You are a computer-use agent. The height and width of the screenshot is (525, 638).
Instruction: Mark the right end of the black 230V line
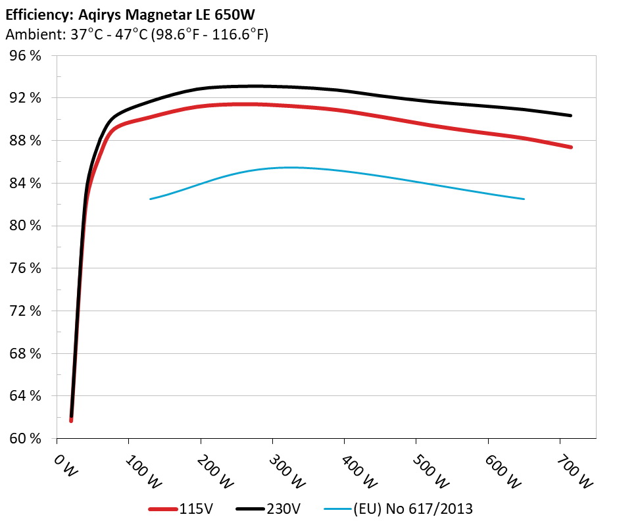(x=570, y=115)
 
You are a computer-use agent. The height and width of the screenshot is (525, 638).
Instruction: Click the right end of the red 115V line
(x=570, y=147)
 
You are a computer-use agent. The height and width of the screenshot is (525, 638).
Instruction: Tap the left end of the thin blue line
(x=151, y=199)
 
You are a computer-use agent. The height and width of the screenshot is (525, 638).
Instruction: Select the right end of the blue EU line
(x=524, y=199)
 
